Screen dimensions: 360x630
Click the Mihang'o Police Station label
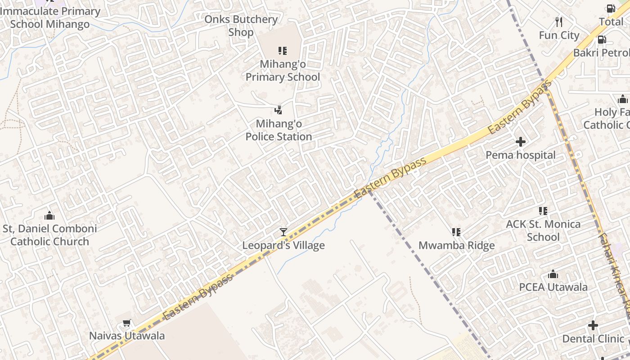point(279,130)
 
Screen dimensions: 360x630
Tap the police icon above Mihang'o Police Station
point(279,110)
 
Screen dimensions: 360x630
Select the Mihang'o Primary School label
point(283,71)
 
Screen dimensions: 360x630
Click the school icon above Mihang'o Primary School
point(283,50)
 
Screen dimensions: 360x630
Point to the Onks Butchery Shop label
point(241,26)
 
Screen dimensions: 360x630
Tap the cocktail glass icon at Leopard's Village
point(283,232)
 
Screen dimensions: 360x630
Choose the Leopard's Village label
point(283,246)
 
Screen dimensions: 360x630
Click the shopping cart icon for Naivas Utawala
point(126,323)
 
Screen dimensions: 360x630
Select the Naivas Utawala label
point(126,336)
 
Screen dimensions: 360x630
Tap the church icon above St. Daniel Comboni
point(49,216)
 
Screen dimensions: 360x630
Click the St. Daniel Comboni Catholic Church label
point(49,235)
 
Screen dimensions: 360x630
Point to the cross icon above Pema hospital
point(521,142)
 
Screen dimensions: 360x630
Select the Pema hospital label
point(521,155)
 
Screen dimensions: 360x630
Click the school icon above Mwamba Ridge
point(456,232)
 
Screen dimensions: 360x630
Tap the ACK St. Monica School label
point(543,230)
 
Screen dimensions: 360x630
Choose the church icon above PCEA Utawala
point(553,274)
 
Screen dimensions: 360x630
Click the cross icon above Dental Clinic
point(593,325)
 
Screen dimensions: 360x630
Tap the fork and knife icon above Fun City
point(559,22)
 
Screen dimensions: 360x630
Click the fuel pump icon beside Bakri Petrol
point(602,40)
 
